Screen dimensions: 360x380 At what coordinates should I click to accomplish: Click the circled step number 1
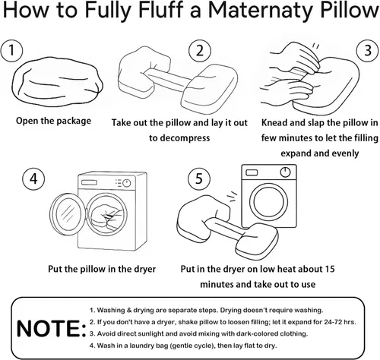coord(11,51)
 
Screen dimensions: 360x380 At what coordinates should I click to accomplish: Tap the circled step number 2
coord(198,52)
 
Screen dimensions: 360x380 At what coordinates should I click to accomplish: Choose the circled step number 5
coord(198,181)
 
